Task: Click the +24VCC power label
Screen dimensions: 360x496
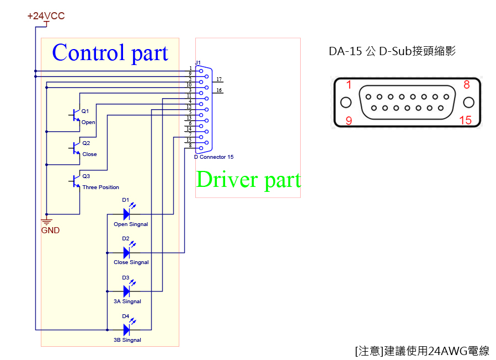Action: pyautogui.click(x=46, y=16)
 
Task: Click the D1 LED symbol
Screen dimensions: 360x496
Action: pyautogui.click(x=126, y=214)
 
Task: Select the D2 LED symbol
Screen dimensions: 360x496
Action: pyautogui.click(x=126, y=252)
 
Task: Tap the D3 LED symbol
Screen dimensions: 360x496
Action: pyautogui.click(x=126, y=291)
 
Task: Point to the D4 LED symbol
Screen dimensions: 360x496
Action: pyautogui.click(x=126, y=330)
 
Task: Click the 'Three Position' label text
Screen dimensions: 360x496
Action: pyautogui.click(x=100, y=187)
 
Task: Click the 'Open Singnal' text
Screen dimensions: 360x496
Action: pyautogui.click(x=131, y=224)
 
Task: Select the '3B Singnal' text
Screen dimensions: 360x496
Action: pyautogui.click(x=127, y=340)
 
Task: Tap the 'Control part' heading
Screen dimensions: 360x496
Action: pyautogui.click(x=110, y=53)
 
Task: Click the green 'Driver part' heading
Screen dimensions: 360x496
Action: pyautogui.click(x=248, y=180)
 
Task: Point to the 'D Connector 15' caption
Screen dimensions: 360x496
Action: pyautogui.click(x=214, y=157)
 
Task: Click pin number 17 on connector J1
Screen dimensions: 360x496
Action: pyautogui.click(x=219, y=79)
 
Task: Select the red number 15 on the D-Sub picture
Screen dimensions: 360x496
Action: pyautogui.click(x=465, y=120)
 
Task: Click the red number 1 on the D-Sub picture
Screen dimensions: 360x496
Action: pyautogui.click(x=348, y=84)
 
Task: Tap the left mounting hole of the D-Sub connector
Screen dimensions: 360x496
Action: pyautogui.click(x=346, y=103)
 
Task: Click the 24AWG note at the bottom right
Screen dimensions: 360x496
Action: pyautogui.click(x=422, y=351)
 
